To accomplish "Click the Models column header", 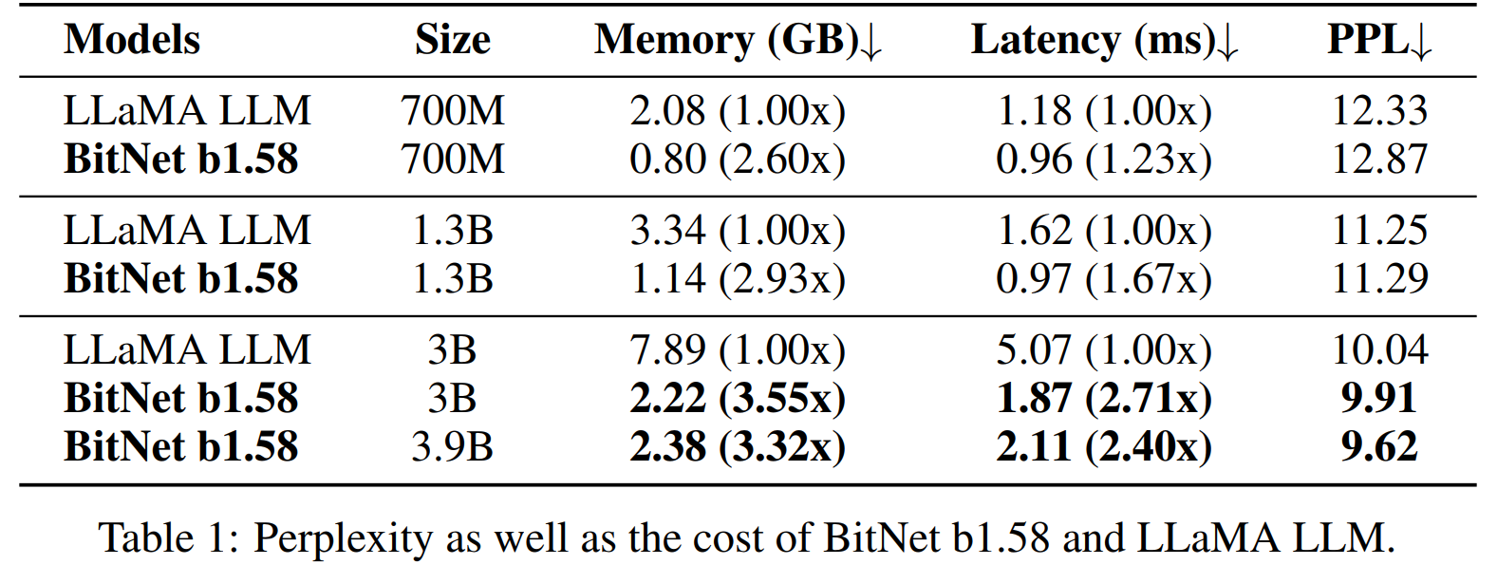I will coord(132,40).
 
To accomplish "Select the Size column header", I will coord(452,40).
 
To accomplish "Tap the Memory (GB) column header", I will coord(738,41).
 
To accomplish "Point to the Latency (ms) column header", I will coord(1104,41).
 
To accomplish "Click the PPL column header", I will coord(1378,41).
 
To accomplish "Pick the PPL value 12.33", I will coord(1378,110).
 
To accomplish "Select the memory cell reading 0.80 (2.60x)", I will coord(738,159).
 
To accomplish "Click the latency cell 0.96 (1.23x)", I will coord(1104,159).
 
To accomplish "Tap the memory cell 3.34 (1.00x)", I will coord(738,231).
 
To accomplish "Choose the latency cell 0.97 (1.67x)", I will coord(1104,278).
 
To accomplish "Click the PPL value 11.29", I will coord(1378,278).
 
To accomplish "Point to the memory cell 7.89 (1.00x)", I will coord(738,350).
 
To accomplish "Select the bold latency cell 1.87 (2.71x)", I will coord(1104,398).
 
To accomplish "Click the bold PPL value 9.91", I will coord(1378,398).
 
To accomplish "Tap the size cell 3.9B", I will coord(452,446).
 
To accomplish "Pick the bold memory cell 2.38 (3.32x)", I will coord(738,446).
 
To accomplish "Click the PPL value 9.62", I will coord(1378,446).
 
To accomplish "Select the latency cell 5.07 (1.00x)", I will coord(1104,350).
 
